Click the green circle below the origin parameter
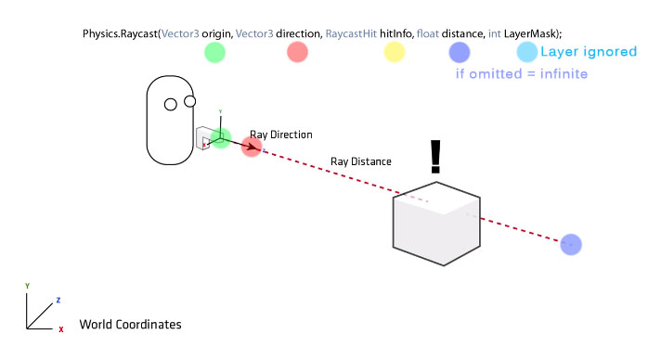point(214,53)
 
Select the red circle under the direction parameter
point(297,53)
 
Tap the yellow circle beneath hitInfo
point(395,53)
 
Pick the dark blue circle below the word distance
point(459,52)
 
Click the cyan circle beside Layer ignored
point(526,52)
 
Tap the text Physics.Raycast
point(121,33)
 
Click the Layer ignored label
point(589,53)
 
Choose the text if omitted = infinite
point(523,73)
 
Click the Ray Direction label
point(281,135)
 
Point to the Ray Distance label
point(361,161)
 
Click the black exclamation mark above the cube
point(435,158)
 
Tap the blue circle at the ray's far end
point(571,245)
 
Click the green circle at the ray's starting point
point(220,138)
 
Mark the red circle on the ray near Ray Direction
point(251,147)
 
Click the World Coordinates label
point(130,325)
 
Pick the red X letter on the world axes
point(60,329)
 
